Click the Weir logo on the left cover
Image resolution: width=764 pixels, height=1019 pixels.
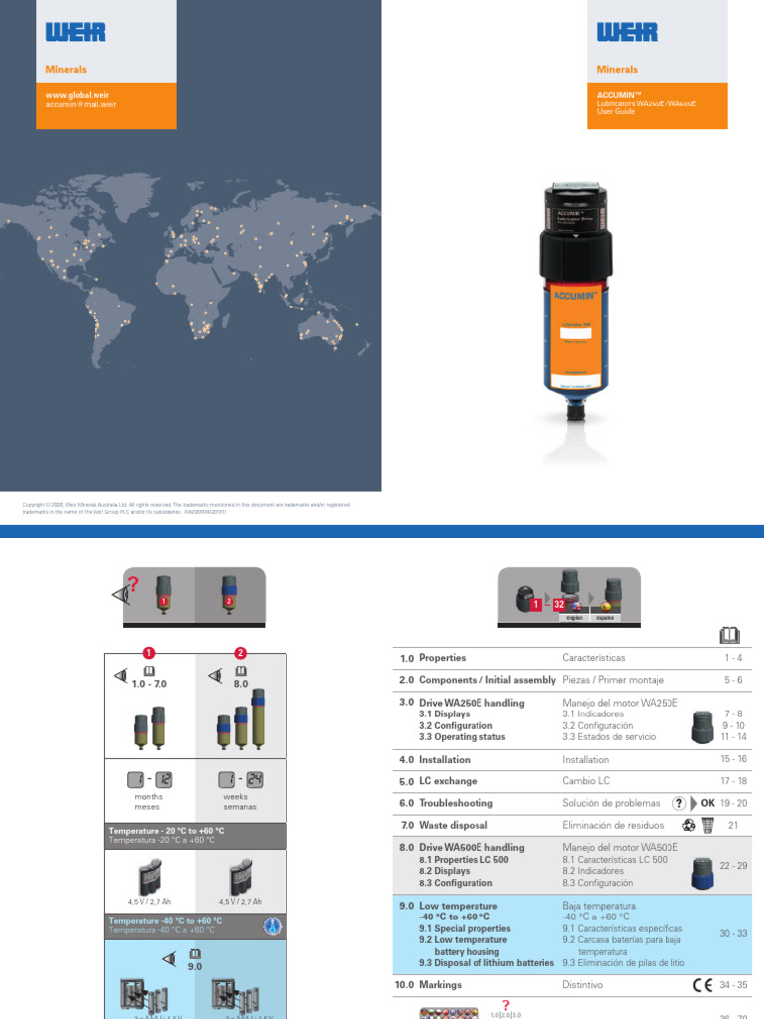tap(76, 32)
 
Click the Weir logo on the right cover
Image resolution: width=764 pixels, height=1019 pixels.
tap(627, 32)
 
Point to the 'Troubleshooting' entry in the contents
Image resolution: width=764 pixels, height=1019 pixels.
tap(459, 803)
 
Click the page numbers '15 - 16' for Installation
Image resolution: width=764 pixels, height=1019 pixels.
tap(733, 759)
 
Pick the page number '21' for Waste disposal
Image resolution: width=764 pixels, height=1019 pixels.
tap(733, 825)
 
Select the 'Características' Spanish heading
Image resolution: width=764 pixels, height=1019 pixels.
tap(598, 658)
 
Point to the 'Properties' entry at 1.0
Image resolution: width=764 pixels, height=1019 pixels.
tap(442, 658)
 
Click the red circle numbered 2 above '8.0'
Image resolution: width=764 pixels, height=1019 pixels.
tap(240, 653)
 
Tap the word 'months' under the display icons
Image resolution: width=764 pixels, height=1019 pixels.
tap(149, 797)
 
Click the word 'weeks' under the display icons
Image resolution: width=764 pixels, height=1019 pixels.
tap(240, 797)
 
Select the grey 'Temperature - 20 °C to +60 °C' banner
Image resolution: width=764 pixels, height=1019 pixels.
tap(196, 836)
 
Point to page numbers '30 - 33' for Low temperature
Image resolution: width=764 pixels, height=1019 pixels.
tap(733, 933)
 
